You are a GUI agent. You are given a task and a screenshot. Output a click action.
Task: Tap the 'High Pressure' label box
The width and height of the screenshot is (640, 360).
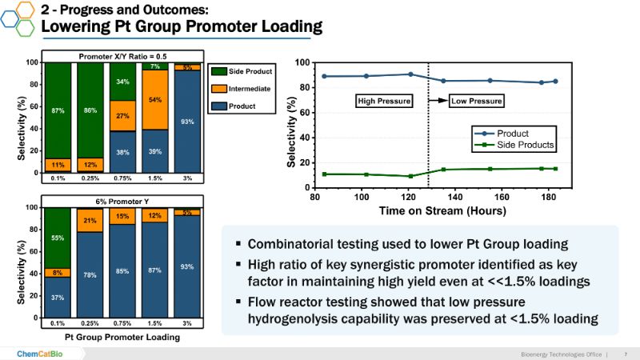coord(384,102)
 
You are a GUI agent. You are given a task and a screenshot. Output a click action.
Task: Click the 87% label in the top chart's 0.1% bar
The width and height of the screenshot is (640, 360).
coord(57,110)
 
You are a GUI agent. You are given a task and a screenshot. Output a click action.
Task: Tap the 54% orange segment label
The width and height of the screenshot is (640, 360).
coord(155,100)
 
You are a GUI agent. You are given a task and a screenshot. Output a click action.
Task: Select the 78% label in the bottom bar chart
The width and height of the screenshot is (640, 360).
coord(90,276)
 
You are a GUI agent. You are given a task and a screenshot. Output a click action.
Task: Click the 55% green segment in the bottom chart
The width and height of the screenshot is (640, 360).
coord(57,238)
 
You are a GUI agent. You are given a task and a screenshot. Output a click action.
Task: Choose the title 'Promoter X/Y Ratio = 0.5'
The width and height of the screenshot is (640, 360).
coord(122,56)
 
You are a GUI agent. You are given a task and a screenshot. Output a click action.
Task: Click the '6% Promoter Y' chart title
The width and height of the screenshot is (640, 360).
coord(122,201)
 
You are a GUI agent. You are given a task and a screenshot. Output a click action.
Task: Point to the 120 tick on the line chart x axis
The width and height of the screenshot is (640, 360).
coord(409,195)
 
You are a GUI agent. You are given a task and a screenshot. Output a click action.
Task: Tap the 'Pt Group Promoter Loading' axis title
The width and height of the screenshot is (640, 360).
coord(122,337)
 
